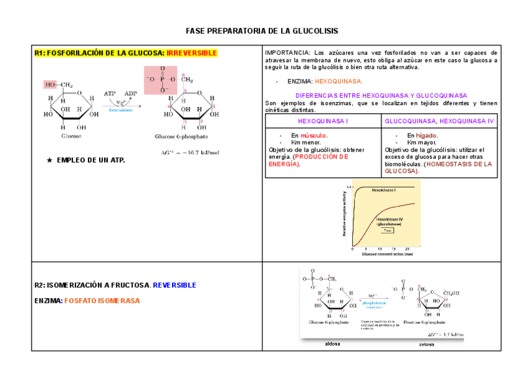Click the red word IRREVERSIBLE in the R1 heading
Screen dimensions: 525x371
[192, 53]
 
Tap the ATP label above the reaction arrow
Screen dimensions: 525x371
[110, 93]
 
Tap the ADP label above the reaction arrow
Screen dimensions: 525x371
[131, 93]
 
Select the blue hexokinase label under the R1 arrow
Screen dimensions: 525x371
[121, 110]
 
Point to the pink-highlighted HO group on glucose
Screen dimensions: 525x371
[50, 85]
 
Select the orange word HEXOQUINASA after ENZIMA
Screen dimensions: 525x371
[339, 81]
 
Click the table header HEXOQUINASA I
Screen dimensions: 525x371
[323, 121]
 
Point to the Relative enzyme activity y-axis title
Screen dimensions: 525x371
[344, 214]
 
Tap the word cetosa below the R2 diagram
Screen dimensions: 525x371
[427, 344]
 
